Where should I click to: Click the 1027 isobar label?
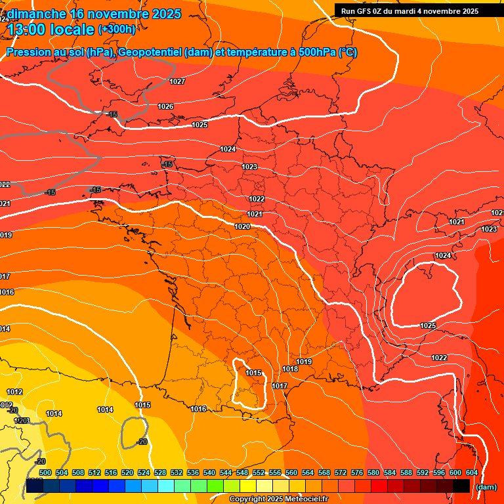click(177, 82)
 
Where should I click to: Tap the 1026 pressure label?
click(165, 106)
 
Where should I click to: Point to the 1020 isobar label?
click(242, 226)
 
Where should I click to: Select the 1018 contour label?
click(290, 369)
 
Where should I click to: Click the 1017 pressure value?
click(280, 386)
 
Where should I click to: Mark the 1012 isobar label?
click(14, 392)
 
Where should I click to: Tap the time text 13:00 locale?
click(51, 30)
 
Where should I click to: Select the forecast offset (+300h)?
click(117, 30)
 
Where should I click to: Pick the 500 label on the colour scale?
click(45, 472)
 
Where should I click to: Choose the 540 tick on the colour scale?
click(209, 472)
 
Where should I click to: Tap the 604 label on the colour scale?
click(471, 472)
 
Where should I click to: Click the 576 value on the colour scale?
click(357, 472)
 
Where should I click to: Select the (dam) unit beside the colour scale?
click(486, 487)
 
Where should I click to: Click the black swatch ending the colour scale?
click(461, 486)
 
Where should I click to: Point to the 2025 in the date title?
click(166, 14)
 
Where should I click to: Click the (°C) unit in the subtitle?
click(347, 52)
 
